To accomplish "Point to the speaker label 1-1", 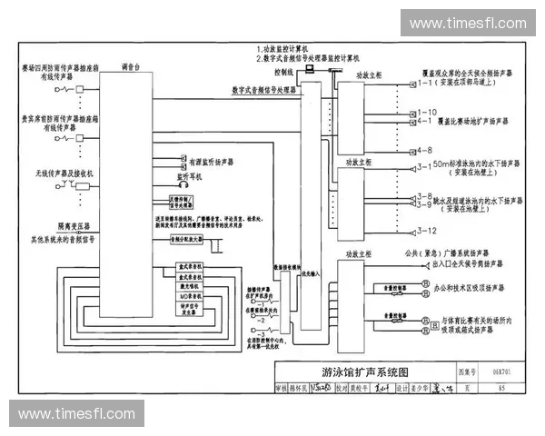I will (423, 84).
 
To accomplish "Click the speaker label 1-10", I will (425, 112).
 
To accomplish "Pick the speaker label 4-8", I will (423, 149).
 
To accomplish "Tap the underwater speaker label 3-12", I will (425, 231).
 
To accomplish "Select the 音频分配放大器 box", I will (188, 238).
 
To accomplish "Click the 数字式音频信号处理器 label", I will (264, 91).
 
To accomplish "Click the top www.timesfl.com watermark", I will (467, 23).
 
